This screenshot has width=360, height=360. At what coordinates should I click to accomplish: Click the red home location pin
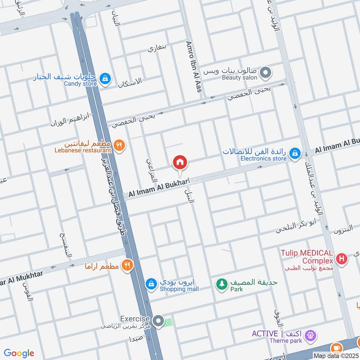(x=180, y=162)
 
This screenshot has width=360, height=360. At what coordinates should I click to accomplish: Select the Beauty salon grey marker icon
(x=265, y=72)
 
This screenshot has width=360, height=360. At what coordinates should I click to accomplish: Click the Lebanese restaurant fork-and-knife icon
(x=119, y=145)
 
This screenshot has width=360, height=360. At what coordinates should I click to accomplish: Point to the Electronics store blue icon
(x=295, y=153)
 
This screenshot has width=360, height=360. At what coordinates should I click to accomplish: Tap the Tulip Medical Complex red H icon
(x=342, y=260)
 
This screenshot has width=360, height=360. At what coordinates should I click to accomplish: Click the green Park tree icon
(x=221, y=284)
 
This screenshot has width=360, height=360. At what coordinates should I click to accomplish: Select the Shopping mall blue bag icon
(x=152, y=284)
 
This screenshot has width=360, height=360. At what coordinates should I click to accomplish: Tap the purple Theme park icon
(x=310, y=335)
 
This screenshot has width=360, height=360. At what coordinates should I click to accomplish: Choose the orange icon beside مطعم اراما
(x=127, y=265)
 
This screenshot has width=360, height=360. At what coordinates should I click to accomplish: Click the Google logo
(x=19, y=353)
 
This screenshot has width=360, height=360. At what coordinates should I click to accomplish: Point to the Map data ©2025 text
(x=336, y=356)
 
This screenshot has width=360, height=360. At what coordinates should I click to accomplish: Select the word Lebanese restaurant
(x=83, y=150)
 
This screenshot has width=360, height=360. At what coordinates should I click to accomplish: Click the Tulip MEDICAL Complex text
(x=308, y=257)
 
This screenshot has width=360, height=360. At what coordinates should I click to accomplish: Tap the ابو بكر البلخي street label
(x=292, y=228)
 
